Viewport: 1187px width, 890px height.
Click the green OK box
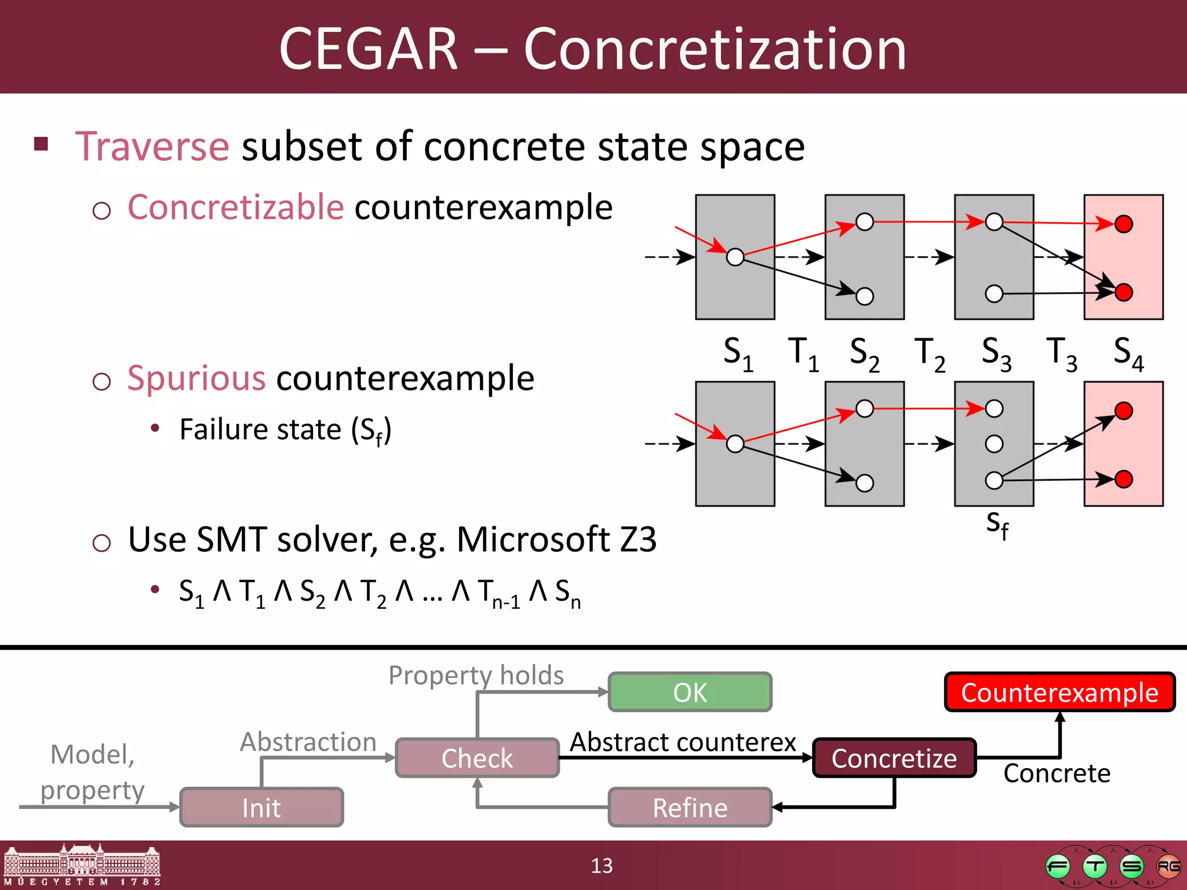click(690, 692)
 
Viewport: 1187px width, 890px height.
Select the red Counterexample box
click(1059, 692)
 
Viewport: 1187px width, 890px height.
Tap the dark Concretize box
click(894, 758)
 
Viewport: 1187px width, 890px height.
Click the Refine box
click(690, 807)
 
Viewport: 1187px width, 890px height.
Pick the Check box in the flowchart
click(477, 758)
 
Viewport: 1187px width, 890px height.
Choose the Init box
click(261, 807)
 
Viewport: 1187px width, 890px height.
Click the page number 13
click(602, 866)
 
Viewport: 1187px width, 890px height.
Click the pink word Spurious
click(196, 378)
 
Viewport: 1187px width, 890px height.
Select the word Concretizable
click(236, 207)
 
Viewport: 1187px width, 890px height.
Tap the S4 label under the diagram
click(1128, 353)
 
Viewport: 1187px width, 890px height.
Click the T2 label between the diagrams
click(930, 353)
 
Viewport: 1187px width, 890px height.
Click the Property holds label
click(476, 675)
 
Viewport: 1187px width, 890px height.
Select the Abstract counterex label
click(683, 742)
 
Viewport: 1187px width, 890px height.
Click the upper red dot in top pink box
click(1123, 224)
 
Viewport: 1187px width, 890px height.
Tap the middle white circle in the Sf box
click(994, 444)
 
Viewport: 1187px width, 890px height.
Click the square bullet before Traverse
click(41, 144)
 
